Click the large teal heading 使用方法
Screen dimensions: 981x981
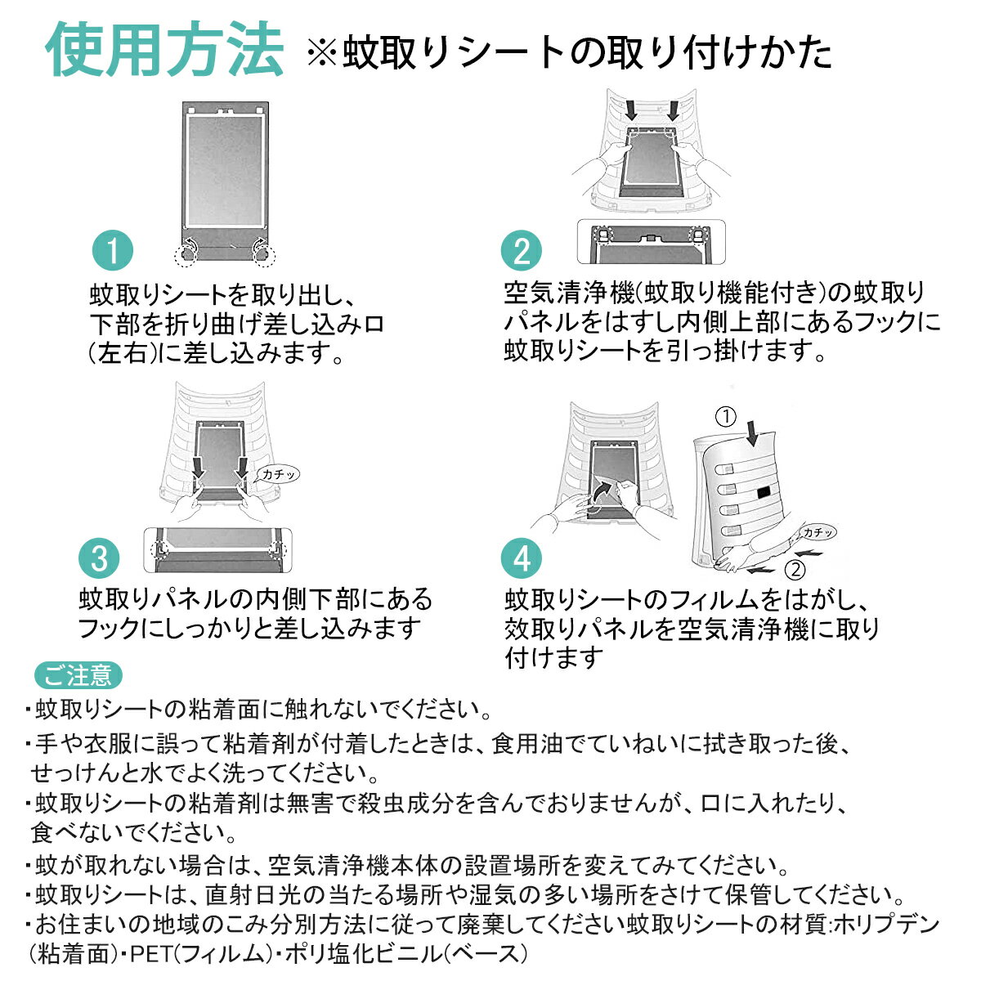click(164, 49)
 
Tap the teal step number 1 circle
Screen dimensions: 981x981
click(112, 250)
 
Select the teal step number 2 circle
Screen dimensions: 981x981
click(522, 250)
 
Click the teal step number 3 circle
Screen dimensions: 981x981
click(99, 558)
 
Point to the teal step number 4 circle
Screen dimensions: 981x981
click(522, 558)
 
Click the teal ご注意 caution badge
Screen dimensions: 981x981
click(78, 675)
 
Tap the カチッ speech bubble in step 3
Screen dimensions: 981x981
click(279, 474)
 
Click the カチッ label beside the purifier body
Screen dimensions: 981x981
click(818, 533)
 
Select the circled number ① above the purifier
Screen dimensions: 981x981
click(726, 416)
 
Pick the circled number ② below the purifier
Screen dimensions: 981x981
click(795, 569)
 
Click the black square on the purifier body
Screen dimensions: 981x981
click(764, 493)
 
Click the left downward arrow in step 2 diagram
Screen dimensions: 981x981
click(631, 110)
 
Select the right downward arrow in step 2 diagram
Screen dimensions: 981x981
click(674, 110)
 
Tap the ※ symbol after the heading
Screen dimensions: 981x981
click(322, 53)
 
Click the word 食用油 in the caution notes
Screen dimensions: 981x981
click(527, 744)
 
